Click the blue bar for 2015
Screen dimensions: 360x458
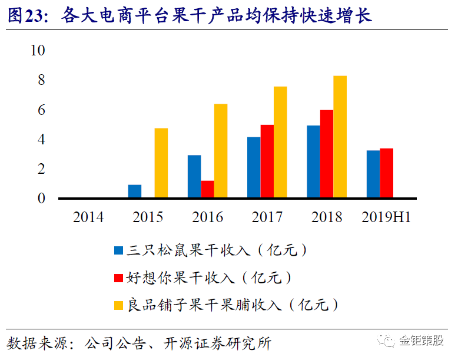tap(135, 191)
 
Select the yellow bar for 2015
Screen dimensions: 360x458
tap(161, 163)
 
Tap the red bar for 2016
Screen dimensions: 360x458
tap(207, 189)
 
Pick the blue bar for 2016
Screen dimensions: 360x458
tap(194, 177)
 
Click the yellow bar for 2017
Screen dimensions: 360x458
tap(280, 143)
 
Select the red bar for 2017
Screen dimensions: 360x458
tap(267, 161)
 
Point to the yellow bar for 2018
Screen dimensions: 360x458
tap(340, 137)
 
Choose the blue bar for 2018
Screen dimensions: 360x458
tap(313, 162)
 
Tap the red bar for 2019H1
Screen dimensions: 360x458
tap(386, 173)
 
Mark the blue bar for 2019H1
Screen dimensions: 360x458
tap(373, 174)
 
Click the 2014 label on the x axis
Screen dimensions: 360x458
tap(88, 217)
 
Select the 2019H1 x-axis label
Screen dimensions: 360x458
tap(386, 217)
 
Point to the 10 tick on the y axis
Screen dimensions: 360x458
tap(38, 51)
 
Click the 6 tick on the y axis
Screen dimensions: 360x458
tap(41, 110)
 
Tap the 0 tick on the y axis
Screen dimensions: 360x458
tap(41, 199)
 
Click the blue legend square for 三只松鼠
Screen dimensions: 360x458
tap(118, 250)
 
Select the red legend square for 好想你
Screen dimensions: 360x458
tap(118, 278)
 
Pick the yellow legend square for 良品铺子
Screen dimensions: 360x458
tap(118, 305)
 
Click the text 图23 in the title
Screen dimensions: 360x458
tap(28, 16)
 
